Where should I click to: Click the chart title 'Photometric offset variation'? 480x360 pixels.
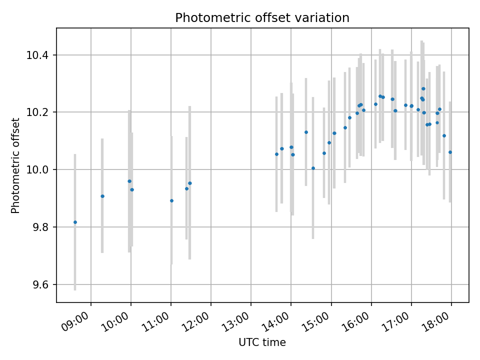(262, 18)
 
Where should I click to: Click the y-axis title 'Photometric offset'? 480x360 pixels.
(15, 165)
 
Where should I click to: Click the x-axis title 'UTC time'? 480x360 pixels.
(262, 342)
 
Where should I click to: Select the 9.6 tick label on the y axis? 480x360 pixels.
(40, 285)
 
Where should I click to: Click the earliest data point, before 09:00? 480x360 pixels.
(75, 222)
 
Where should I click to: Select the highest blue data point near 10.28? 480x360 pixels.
(423, 88)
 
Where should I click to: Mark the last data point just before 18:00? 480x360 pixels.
(450, 152)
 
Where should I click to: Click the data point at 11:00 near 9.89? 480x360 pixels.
(171, 200)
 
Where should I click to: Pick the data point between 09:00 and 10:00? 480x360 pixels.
(102, 196)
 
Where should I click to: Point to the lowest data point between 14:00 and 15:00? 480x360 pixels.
(313, 168)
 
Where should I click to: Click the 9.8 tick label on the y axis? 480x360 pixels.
(40, 227)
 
